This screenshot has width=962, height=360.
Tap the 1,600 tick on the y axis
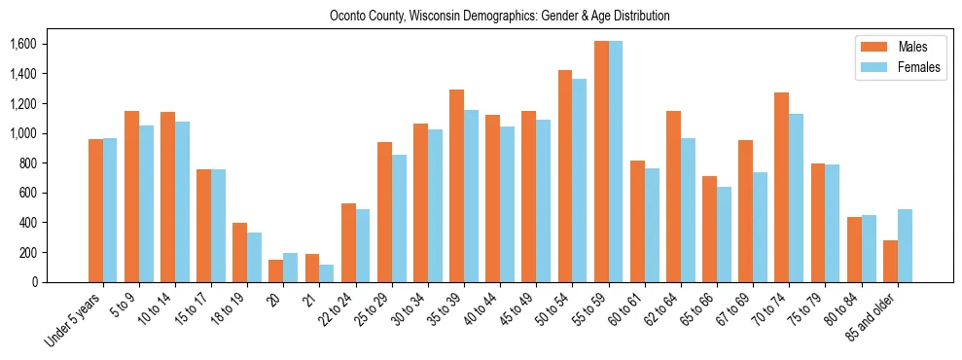click(x=22, y=45)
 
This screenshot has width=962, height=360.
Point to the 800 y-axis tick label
click(x=26, y=163)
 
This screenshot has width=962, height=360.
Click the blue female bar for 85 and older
click(x=905, y=245)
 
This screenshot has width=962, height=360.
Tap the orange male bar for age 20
click(x=276, y=270)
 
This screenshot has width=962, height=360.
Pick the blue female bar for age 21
click(x=327, y=273)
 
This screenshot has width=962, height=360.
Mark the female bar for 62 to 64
click(x=688, y=210)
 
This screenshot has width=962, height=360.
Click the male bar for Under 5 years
click(x=95, y=210)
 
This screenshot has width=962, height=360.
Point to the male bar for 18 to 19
click(x=239, y=252)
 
